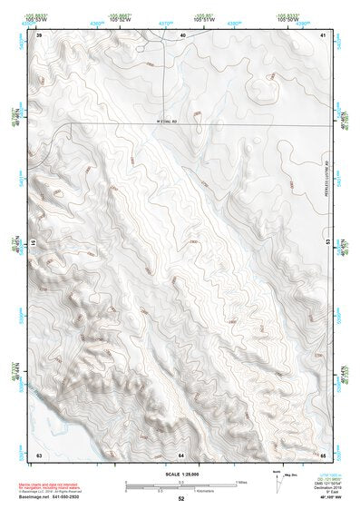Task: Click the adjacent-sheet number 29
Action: coord(39,34)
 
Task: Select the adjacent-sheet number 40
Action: coord(181,34)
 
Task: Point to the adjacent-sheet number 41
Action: coord(323,34)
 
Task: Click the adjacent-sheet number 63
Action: coord(39,452)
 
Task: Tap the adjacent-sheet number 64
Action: coord(181,452)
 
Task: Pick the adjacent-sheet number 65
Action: coord(323,452)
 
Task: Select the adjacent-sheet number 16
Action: coord(35,243)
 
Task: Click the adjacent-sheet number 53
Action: coord(327,243)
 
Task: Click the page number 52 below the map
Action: coord(181,498)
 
